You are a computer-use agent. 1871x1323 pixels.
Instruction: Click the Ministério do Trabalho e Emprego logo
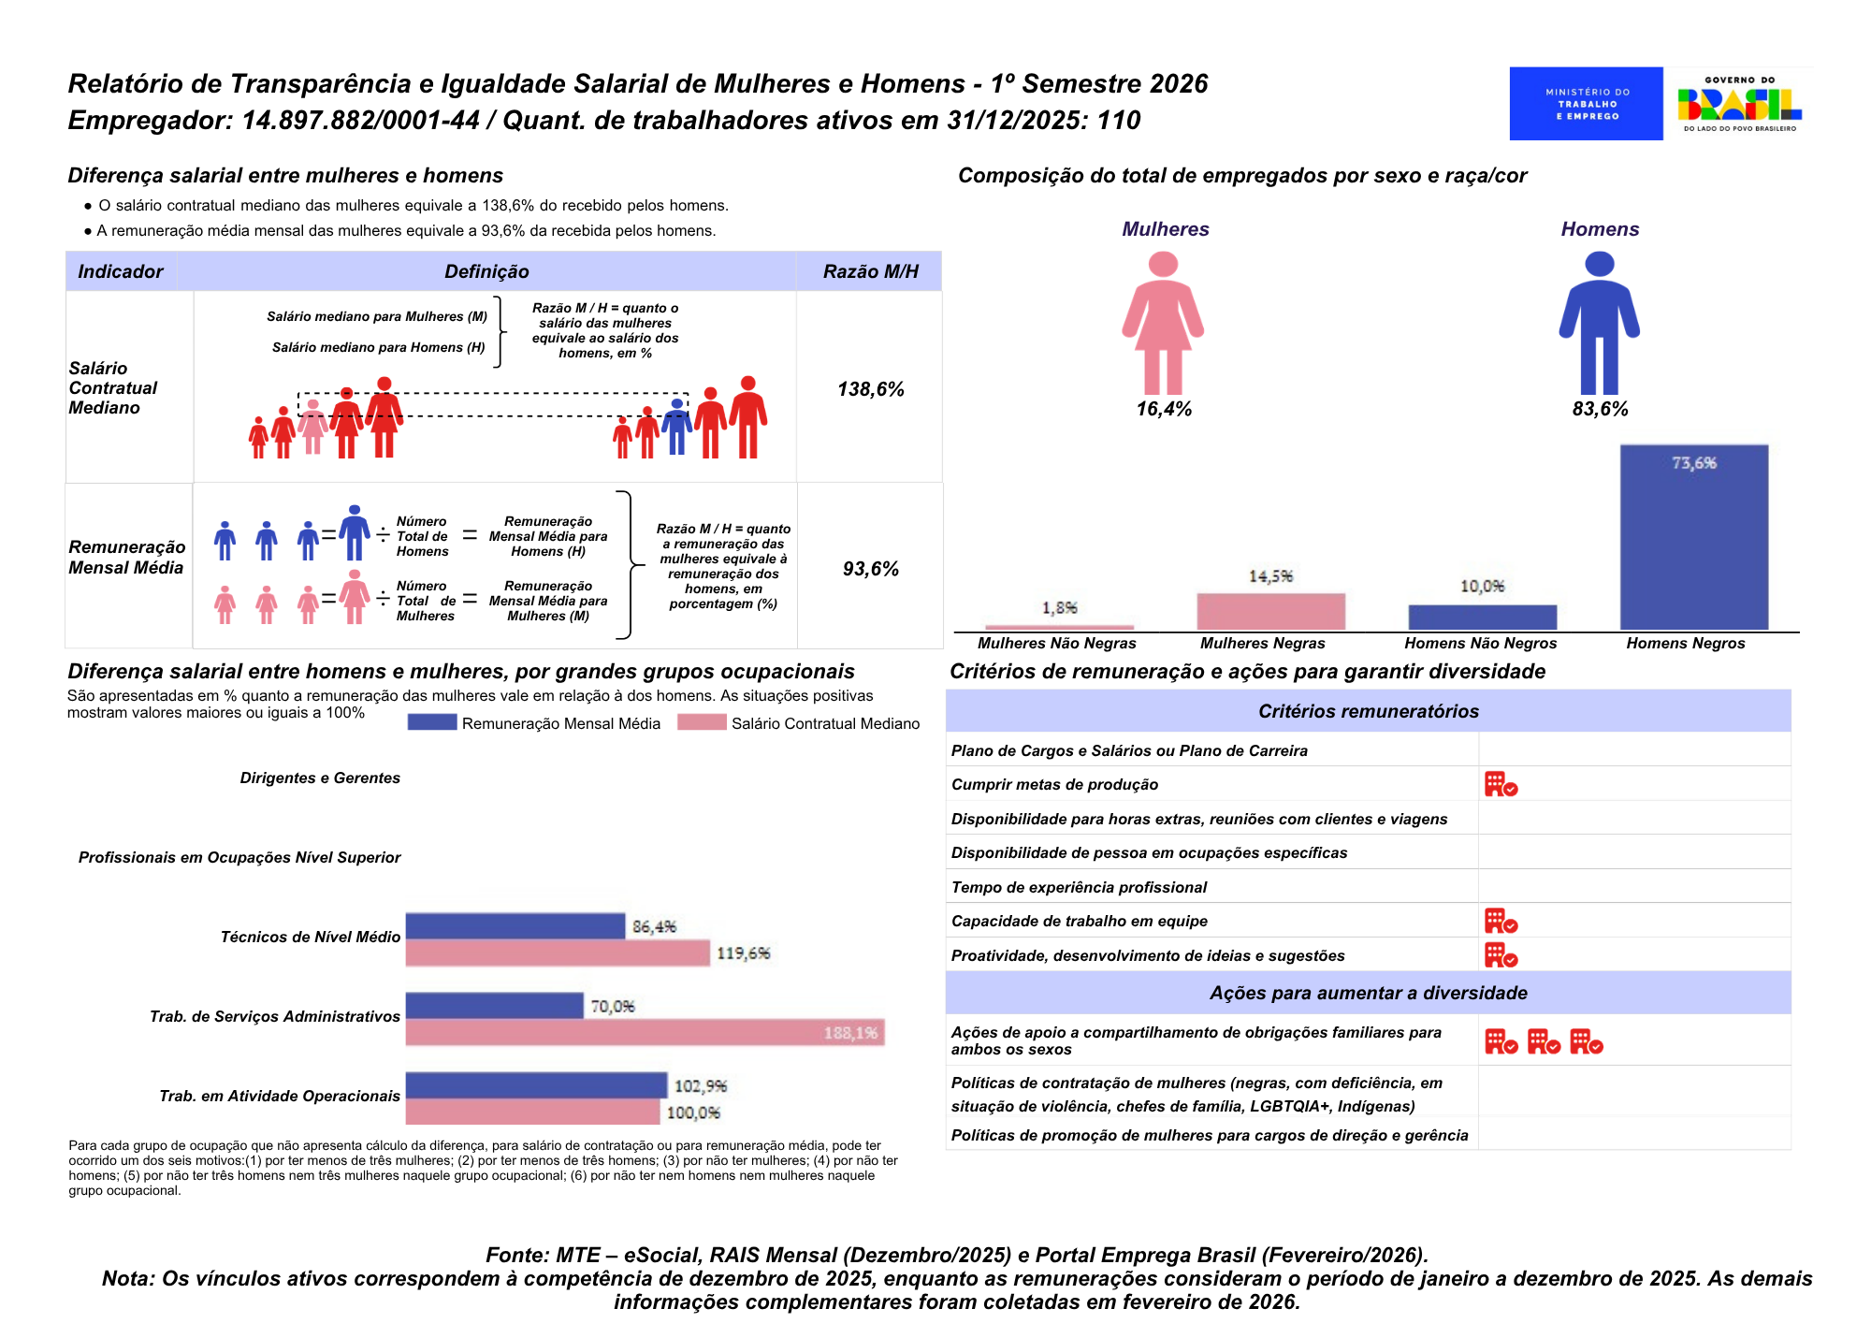(x=1586, y=104)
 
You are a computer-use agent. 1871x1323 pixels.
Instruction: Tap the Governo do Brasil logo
(x=1739, y=104)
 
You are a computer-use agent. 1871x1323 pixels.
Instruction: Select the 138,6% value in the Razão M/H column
(x=870, y=389)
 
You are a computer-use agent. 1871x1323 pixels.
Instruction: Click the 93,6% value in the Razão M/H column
(x=870, y=569)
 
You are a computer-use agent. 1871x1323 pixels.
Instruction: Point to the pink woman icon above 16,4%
(x=1163, y=323)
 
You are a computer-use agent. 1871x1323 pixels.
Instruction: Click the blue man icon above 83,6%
(x=1599, y=323)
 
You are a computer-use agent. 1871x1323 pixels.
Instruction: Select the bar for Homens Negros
(x=1693, y=538)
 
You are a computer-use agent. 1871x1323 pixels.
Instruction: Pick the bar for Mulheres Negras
(x=1270, y=612)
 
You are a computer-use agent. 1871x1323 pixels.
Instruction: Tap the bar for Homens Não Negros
(x=1482, y=618)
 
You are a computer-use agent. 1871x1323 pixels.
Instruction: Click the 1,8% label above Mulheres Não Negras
(x=1059, y=608)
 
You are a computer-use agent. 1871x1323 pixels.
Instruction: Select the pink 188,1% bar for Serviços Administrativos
(x=645, y=1033)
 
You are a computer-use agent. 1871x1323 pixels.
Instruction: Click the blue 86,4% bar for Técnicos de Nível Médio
(x=515, y=926)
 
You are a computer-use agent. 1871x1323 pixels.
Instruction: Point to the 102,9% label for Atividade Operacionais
(x=700, y=1086)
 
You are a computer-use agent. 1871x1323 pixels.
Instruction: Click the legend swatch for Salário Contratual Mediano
(x=702, y=722)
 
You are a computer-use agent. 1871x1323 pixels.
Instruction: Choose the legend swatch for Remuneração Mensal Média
(x=431, y=722)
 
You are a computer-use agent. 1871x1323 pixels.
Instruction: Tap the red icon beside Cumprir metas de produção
(x=1501, y=784)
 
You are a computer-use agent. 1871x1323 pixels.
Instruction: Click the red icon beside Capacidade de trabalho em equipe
(x=1501, y=921)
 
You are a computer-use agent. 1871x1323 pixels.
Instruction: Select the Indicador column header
(x=121, y=271)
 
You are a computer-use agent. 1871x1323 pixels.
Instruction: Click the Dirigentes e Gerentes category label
(x=320, y=778)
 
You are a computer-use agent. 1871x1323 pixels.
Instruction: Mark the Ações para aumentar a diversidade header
(x=1368, y=993)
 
